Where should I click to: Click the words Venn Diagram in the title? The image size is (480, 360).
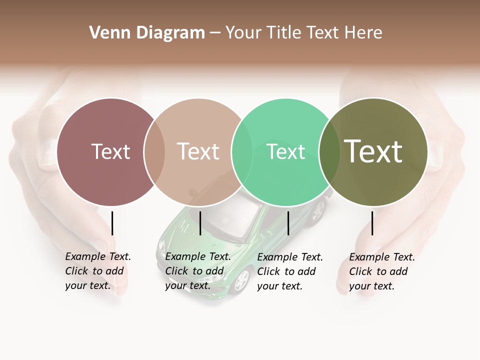(x=147, y=33)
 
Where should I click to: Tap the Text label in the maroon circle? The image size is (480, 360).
(x=111, y=151)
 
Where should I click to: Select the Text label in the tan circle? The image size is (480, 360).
(x=198, y=151)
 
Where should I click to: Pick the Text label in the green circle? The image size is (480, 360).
(x=285, y=151)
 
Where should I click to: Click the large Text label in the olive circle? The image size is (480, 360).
(x=373, y=151)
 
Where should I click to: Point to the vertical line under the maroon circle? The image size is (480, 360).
(x=112, y=223)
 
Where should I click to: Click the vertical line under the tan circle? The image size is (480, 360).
(x=200, y=223)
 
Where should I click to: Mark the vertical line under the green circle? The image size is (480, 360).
(x=288, y=223)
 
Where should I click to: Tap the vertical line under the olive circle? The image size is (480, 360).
(x=372, y=223)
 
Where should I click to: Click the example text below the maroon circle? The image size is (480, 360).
(x=98, y=271)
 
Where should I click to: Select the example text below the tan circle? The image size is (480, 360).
(x=198, y=271)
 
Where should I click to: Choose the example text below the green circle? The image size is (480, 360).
(x=290, y=271)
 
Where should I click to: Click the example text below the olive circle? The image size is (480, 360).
(x=382, y=271)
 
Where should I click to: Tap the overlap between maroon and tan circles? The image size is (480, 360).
(x=154, y=152)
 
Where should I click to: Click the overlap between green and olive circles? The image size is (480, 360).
(x=328, y=152)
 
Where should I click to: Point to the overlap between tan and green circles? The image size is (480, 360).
(x=242, y=152)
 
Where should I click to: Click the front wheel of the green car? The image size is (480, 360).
(x=241, y=280)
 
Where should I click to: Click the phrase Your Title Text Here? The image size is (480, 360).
(x=303, y=33)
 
